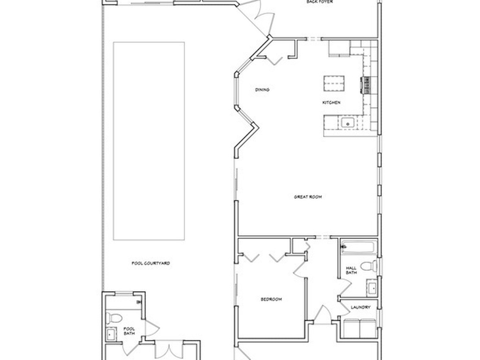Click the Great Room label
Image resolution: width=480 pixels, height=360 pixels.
[307, 197]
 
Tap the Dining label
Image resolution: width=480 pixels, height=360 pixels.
[262, 90]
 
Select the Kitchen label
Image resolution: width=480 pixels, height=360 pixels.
[331, 103]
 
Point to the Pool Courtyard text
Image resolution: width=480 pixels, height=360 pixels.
[150, 263]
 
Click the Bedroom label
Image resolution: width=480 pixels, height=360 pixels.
[271, 299]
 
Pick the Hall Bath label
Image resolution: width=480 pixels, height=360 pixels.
[351, 270]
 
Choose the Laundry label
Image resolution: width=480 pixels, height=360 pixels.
[360, 307]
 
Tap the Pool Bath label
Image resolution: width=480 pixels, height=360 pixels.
[129, 331]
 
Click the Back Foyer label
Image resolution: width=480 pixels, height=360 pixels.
[320, 1]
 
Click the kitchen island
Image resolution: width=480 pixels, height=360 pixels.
[334, 83]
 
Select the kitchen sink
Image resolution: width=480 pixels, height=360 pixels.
[348, 123]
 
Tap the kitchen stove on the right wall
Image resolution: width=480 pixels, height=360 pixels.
[366, 85]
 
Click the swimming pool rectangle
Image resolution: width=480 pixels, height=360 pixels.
[149, 141]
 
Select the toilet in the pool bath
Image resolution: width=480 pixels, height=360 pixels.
[114, 318]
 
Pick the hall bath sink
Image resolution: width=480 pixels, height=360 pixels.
[372, 288]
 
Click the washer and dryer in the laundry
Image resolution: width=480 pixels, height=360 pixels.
[360, 328]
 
